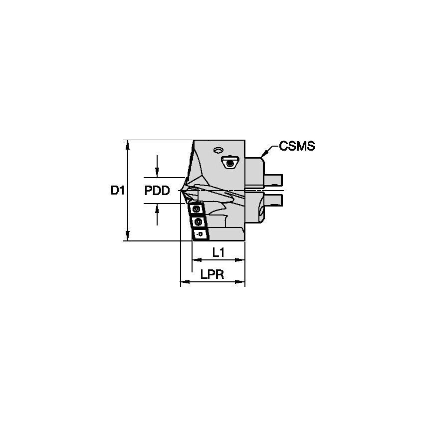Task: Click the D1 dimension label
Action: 117,190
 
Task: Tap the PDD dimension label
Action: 157,191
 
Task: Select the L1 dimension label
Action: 218,253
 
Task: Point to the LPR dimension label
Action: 212,275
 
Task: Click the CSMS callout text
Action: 297,146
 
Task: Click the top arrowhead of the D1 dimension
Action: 128,144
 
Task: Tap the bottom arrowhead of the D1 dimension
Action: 128,237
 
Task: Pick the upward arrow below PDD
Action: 158,207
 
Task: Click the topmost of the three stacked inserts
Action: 197,209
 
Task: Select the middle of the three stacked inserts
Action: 199,221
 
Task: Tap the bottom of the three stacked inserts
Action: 201,233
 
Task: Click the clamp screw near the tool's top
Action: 229,162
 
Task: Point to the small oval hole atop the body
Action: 217,150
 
